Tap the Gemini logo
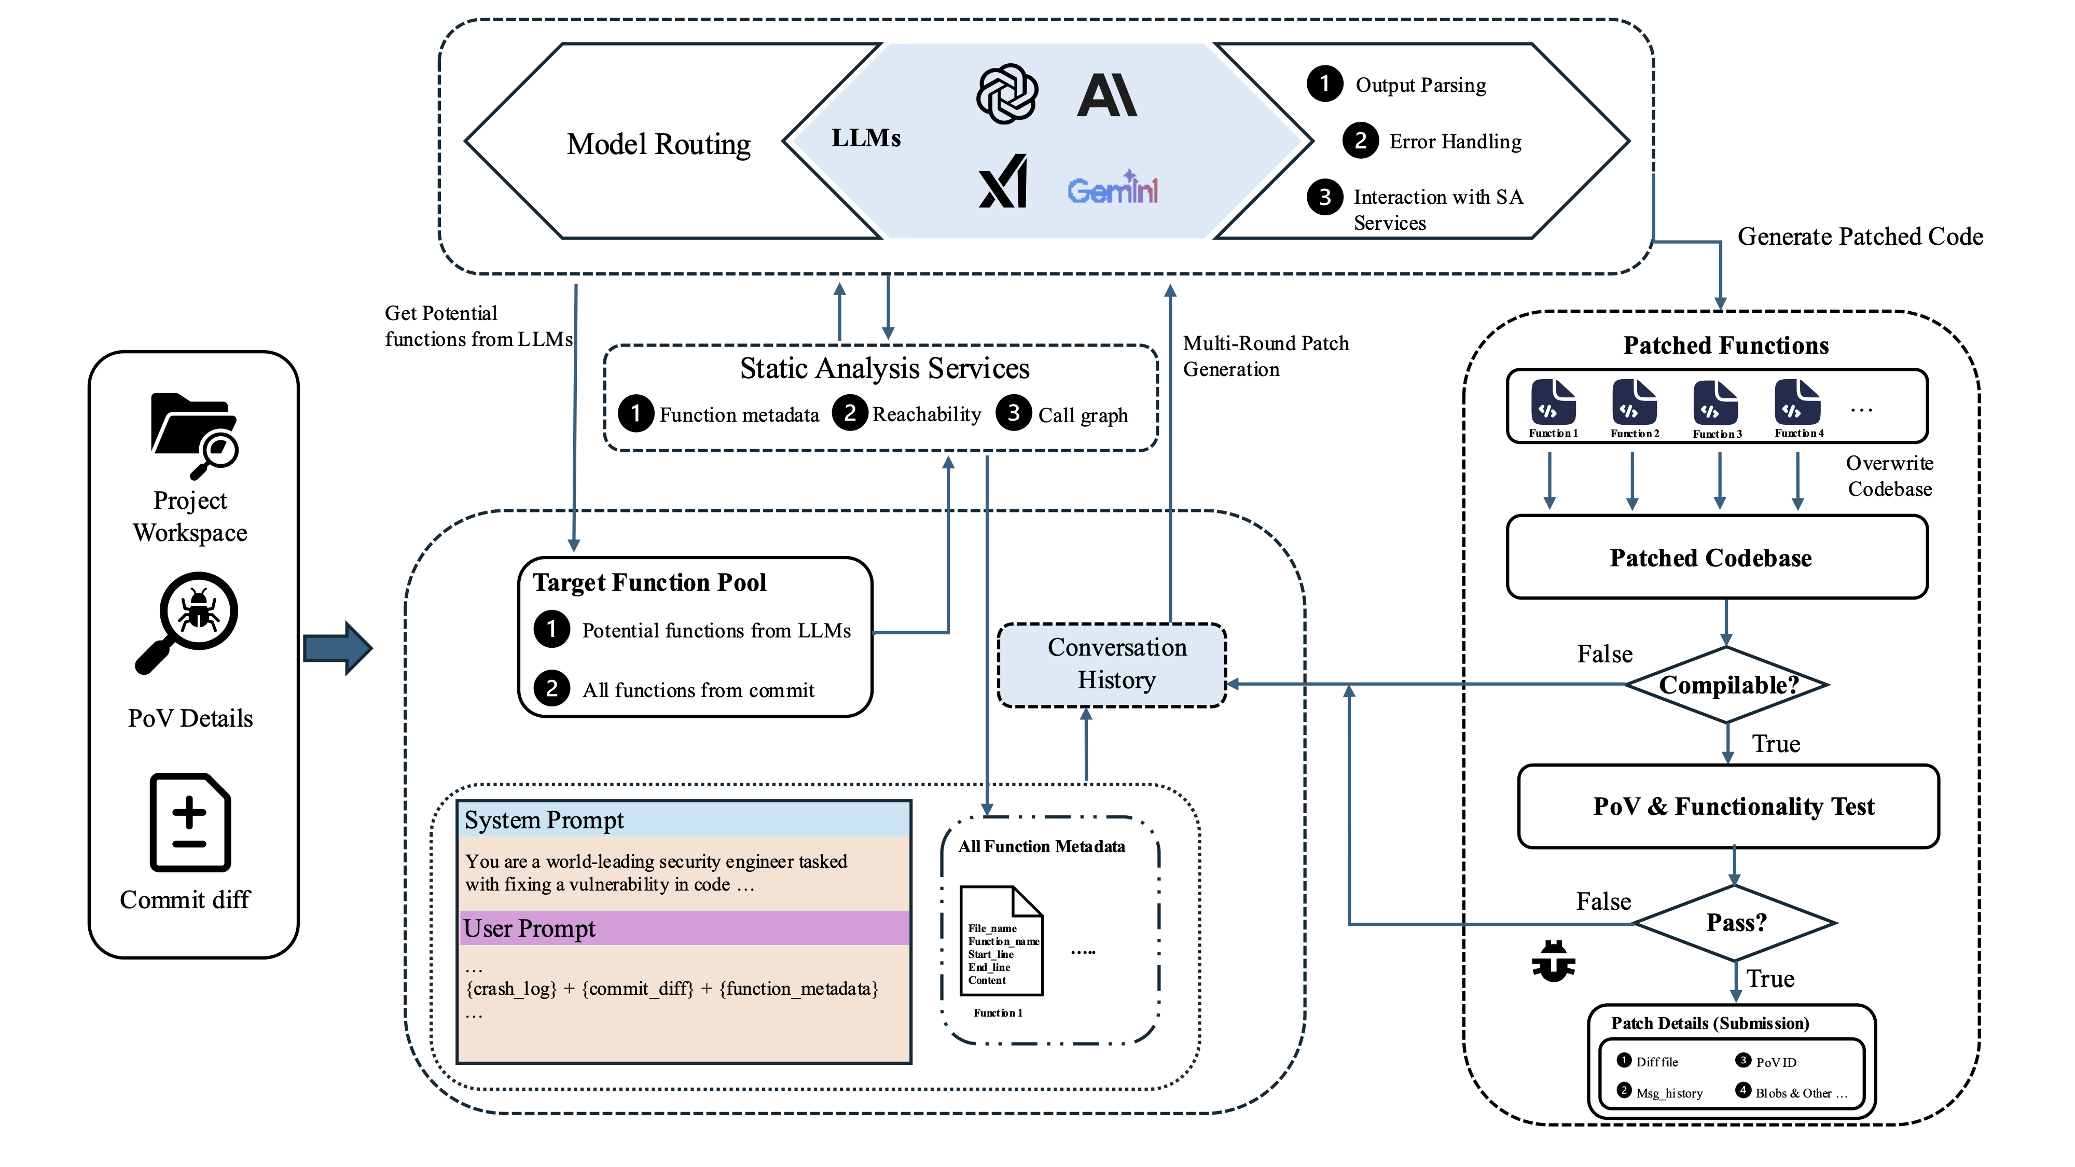[x=1112, y=189]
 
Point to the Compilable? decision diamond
[x=1727, y=685]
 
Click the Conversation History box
[x=1116, y=664]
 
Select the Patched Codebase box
[x=1717, y=558]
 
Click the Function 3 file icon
[x=1716, y=402]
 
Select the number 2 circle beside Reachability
[x=849, y=413]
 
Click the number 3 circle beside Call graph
[x=1013, y=413]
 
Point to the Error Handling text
[x=1455, y=142]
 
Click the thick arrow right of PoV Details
[x=338, y=647]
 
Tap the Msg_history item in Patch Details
[x=1668, y=1093]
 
